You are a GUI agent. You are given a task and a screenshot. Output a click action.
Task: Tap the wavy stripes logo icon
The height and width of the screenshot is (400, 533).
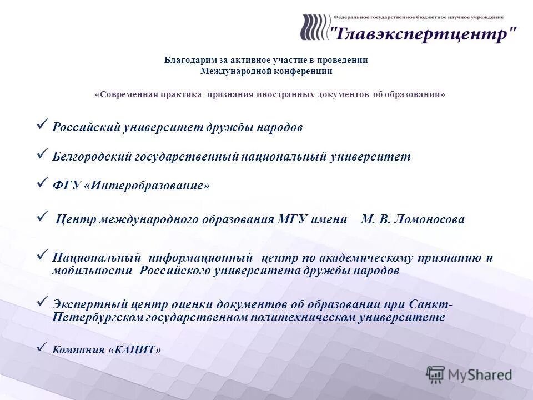[314, 27]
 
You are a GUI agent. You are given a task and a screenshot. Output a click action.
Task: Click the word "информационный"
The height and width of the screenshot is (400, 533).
[200, 258]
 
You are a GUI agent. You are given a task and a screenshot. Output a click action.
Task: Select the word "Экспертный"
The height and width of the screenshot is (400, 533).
[90, 305]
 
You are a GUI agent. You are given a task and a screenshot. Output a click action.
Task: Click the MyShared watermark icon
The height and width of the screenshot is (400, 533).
[436, 374]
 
